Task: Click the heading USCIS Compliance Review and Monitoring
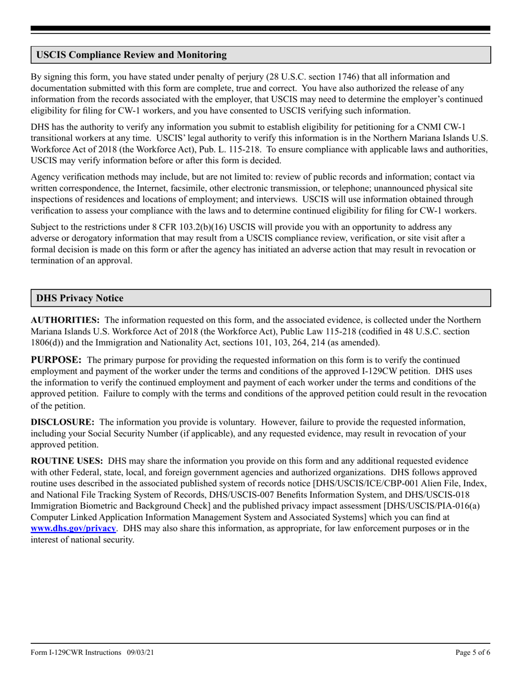(x=131, y=55)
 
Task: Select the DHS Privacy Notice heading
(x=80, y=298)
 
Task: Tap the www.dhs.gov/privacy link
(x=73, y=528)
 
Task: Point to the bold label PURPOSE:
(x=56, y=359)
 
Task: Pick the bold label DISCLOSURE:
(x=63, y=422)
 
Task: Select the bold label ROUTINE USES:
(x=66, y=461)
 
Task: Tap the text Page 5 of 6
(x=473, y=653)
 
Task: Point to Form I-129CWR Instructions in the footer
(x=76, y=653)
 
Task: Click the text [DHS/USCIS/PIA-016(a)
(x=432, y=506)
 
